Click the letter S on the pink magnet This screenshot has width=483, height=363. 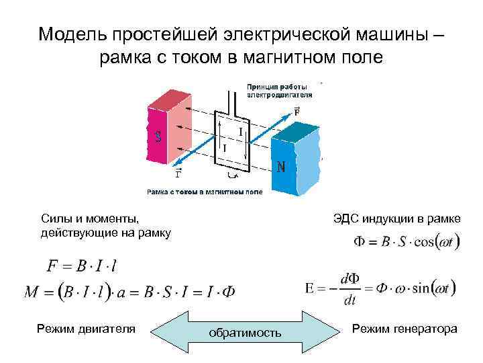[158, 137]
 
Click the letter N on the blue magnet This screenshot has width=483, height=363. [282, 166]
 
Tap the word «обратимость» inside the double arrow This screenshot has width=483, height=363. [245, 332]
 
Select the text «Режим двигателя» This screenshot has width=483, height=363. [87, 328]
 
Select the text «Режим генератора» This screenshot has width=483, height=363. [405, 328]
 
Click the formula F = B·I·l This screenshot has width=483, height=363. [81, 266]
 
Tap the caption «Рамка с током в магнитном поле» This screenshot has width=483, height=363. [205, 192]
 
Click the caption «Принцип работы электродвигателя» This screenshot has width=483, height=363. [280, 91]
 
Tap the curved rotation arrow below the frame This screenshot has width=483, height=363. [233, 177]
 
